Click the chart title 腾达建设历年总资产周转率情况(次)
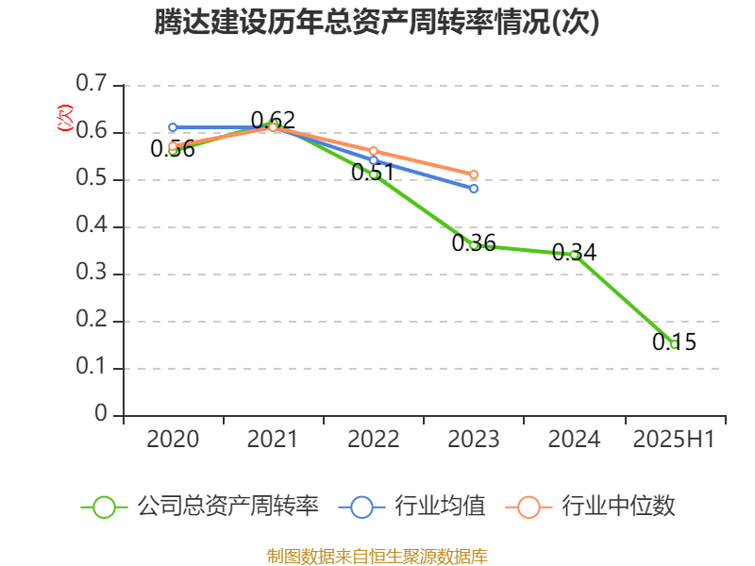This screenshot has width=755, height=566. tap(377, 23)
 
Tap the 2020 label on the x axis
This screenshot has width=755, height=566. tap(173, 440)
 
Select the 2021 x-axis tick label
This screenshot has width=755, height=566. tap(273, 440)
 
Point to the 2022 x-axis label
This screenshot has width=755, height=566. tap(373, 440)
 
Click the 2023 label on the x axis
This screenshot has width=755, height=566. tap(473, 440)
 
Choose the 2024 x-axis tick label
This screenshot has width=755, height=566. tap(574, 440)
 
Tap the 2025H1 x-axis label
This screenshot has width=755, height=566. tap(674, 440)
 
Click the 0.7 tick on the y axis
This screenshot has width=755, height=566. tap(92, 85)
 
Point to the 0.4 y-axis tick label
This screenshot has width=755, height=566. tap(92, 226)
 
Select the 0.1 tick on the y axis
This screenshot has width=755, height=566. tap(92, 368)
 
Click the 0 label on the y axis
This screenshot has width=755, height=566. tap(102, 415)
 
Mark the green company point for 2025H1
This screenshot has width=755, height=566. tap(674, 344)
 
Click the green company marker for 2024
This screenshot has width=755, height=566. tap(574, 255)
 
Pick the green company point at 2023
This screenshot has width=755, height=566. tap(473, 245)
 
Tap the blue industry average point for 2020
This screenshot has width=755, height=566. tap(173, 127)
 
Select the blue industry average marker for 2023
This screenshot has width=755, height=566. tap(474, 189)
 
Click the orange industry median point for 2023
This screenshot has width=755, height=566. tap(474, 175)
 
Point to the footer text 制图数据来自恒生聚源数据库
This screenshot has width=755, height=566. tap(377, 556)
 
